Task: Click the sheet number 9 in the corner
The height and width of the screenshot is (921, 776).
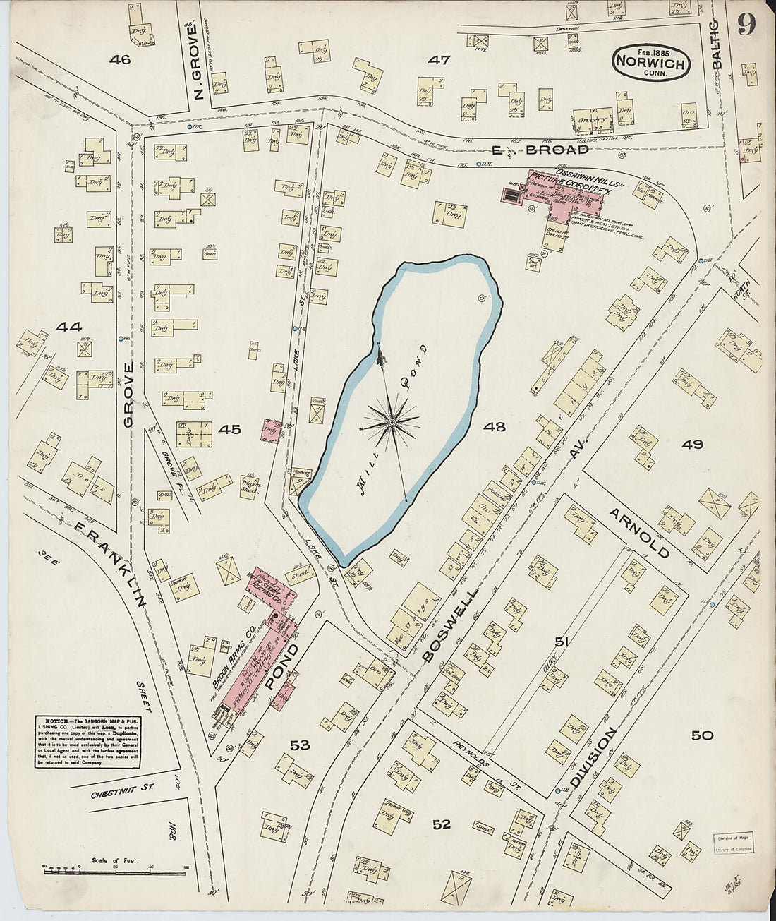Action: point(747,25)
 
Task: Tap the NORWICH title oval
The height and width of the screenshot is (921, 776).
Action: point(650,62)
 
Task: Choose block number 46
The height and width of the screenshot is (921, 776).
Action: point(120,60)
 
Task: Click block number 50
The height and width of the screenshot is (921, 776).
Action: point(701,735)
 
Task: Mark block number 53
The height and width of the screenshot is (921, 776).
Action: point(300,745)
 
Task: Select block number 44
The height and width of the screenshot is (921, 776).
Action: point(68,327)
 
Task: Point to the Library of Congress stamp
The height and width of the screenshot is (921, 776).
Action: point(733,843)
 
